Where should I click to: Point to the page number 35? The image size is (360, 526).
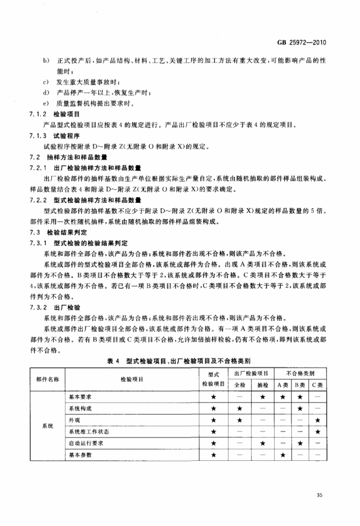tap(319, 495)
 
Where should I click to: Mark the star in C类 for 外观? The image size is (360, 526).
tap(317, 420)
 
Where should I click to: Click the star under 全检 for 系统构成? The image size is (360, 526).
tap(240, 408)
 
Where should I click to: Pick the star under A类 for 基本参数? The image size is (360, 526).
tap(282, 455)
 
